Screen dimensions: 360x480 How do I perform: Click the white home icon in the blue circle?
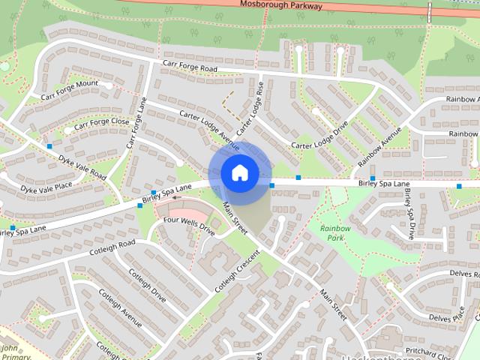click(x=239, y=172)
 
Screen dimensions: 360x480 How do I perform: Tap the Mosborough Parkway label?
click(x=281, y=5)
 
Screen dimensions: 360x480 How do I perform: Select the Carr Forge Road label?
click(x=188, y=68)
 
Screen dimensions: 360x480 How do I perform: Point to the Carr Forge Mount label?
click(x=70, y=89)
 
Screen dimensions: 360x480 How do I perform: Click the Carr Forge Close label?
click(x=101, y=121)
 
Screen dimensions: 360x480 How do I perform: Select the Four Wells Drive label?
click(x=189, y=226)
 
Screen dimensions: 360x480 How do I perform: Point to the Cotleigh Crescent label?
click(x=235, y=271)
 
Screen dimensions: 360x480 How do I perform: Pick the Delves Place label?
click(x=446, y=318)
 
